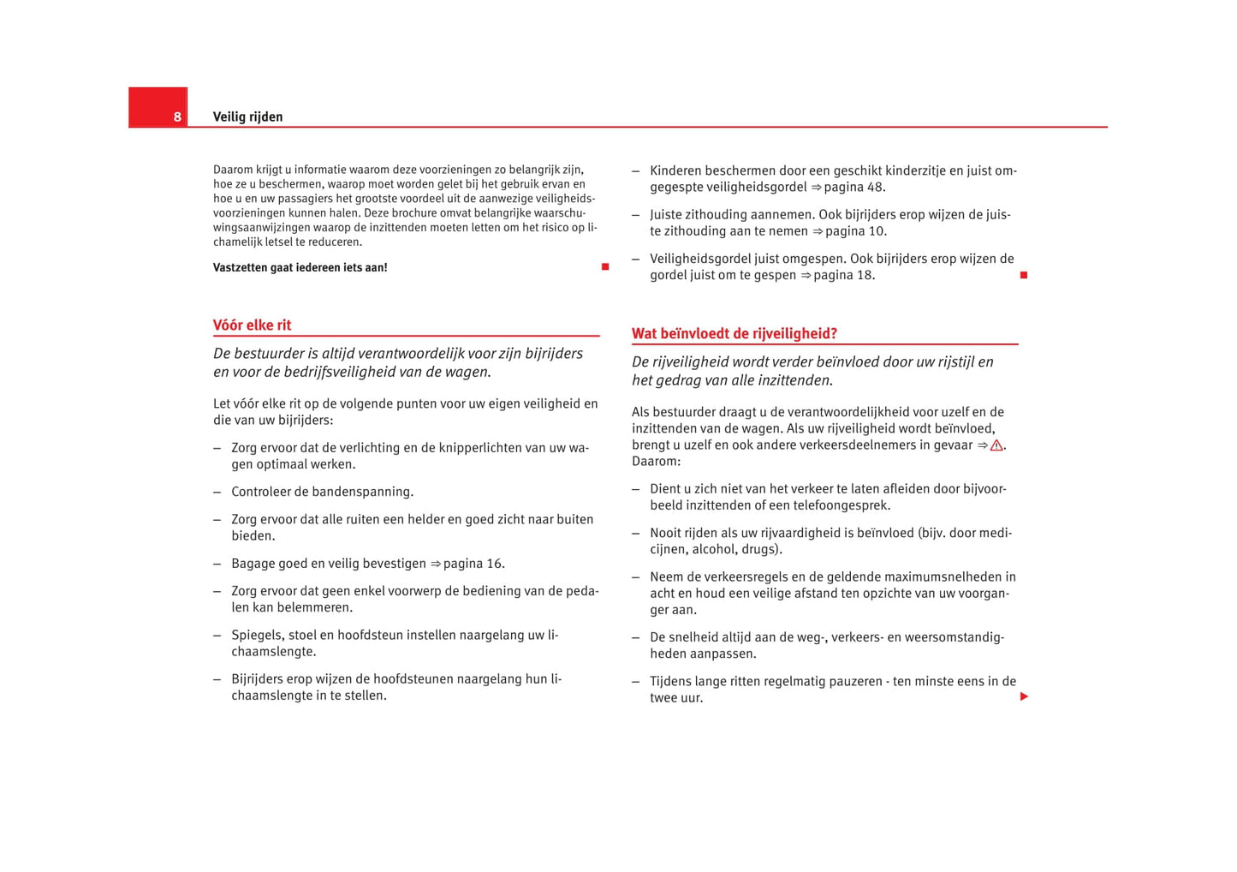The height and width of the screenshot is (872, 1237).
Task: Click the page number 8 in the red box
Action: [x=177, y=116]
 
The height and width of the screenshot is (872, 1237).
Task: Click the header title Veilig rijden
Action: [x=247, y=116]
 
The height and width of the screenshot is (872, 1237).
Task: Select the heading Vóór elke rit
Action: [x=252, y=325]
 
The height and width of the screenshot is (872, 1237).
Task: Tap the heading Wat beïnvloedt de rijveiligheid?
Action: [x=734, y=333]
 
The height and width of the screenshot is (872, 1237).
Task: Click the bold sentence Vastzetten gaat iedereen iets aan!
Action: [x=300, y=267]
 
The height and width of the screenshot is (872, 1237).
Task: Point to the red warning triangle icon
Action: [x=996, y=445]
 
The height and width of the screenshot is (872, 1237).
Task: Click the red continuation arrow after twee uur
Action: [x=1023, y=696]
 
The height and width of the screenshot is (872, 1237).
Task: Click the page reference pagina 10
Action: [x=855, y=231]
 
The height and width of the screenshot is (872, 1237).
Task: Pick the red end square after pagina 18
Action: [x=1023, y=275]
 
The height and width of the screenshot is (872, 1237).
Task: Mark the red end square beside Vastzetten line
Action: [x=604, y=267]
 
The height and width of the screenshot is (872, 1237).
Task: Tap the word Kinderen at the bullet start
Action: [x=675, y=170]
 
